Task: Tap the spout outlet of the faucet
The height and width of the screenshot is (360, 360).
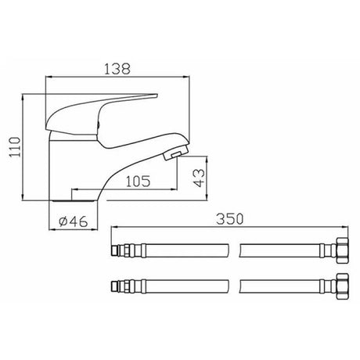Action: click(174, 153)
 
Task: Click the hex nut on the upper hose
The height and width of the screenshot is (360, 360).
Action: click(342, 251)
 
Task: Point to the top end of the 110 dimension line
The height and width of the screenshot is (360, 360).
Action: click(27, 96)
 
